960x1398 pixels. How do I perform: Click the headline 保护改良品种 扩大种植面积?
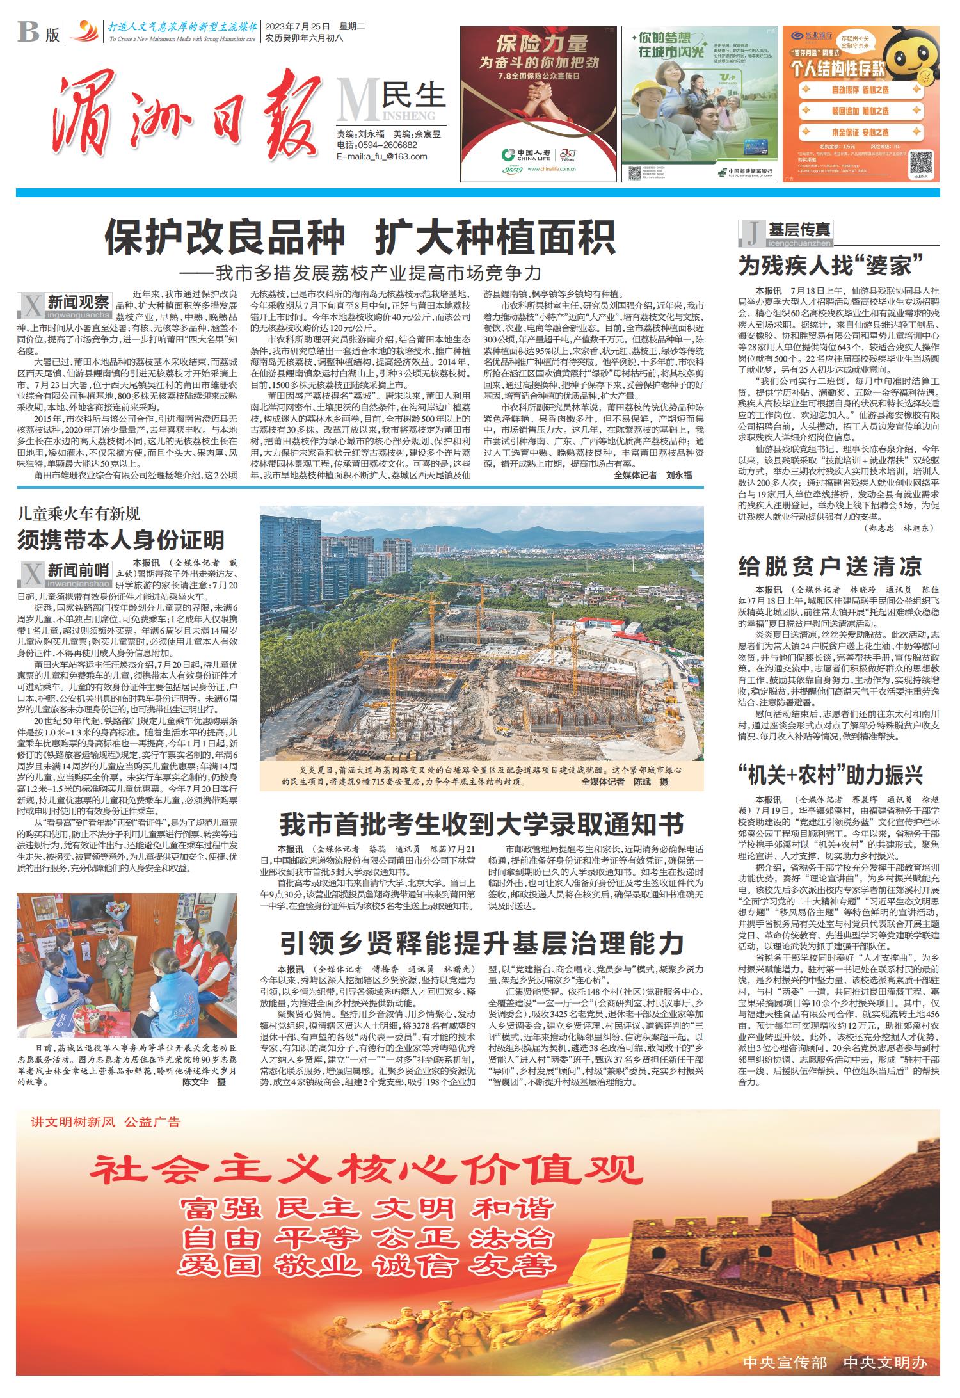click(x=360, y=237)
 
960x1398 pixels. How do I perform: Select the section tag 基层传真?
click(x=800, y=230)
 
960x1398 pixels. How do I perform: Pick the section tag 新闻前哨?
click(x=79, y=568)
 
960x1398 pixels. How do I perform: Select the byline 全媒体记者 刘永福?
click(x=653, y=476)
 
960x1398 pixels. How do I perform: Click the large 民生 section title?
click(x=413, y=95)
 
